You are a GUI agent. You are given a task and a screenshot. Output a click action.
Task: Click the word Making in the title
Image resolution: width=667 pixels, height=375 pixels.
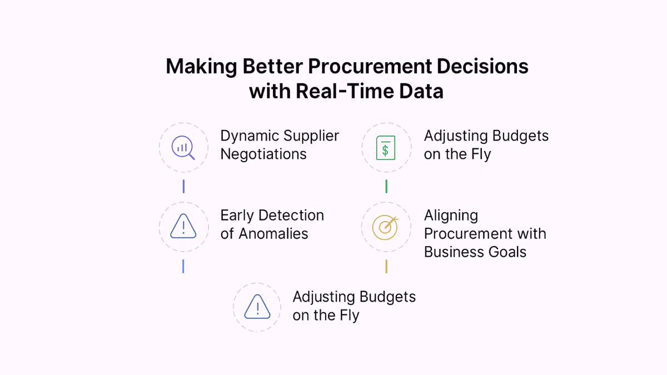click(201, 67)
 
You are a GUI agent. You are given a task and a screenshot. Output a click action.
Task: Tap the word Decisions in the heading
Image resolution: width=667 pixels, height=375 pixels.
click(482, 66)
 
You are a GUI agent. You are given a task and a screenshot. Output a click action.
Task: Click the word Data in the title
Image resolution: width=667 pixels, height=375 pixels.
click(421, 91)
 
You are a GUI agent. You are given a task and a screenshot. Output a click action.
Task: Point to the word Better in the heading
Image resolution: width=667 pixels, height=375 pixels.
click(273, 66)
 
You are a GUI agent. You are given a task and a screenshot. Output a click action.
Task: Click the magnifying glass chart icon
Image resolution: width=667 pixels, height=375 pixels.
click(183, 148)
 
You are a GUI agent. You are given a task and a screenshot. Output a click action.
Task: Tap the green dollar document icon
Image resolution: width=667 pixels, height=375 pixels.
click(386, 148)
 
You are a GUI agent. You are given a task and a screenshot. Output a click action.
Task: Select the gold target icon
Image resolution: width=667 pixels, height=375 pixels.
click(385, 228)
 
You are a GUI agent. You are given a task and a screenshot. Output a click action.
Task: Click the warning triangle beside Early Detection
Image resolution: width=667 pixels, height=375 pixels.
click(183, 226)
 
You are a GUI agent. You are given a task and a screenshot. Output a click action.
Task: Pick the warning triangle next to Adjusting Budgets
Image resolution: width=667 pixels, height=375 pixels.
click(257, 307)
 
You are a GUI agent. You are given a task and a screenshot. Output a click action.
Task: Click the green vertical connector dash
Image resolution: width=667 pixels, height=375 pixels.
click(386, 186)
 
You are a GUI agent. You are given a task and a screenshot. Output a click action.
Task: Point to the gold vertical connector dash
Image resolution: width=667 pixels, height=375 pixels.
click(386, 266)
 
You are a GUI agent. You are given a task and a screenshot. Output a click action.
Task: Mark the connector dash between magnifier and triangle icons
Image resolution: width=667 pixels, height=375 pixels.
click(183, 186)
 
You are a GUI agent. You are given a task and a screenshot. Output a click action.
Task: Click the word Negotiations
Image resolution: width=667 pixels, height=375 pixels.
click(263, 154)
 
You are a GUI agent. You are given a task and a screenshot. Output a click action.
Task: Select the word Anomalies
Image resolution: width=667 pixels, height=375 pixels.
click(273, 234)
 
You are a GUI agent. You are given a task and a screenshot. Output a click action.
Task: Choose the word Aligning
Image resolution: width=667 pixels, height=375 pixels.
click(451, 216)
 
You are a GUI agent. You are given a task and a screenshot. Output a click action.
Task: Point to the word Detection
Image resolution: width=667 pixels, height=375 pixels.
click(291, 216)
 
